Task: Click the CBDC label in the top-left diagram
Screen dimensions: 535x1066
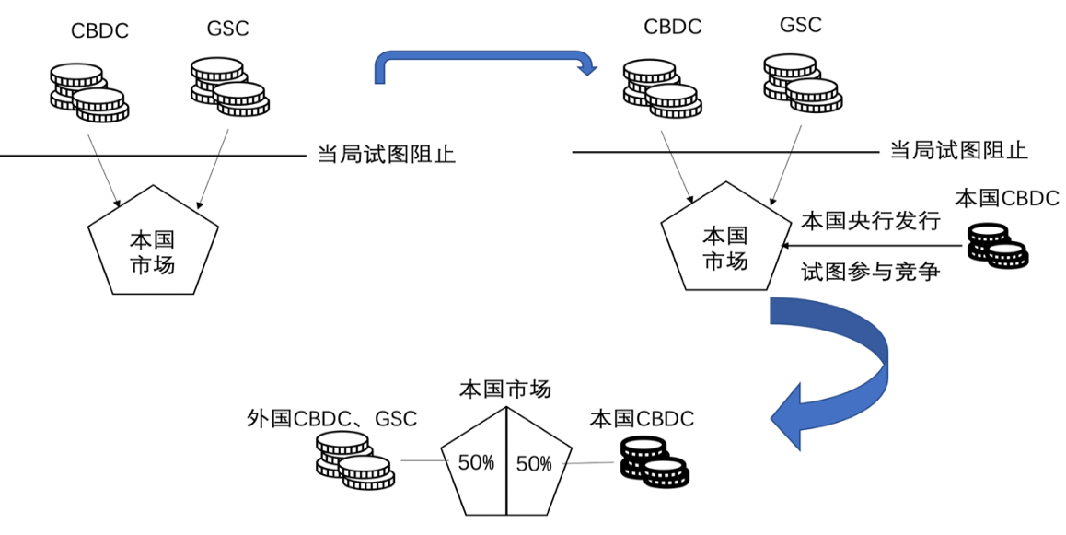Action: point(99,31)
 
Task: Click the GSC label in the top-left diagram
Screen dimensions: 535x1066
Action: point(228,29)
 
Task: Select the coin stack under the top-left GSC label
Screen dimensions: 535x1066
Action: point(229,87)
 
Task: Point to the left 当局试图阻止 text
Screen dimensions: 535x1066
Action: point(387,154)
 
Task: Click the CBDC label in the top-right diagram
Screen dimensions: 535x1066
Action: point(672,27)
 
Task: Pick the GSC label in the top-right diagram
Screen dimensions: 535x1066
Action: point(801,25)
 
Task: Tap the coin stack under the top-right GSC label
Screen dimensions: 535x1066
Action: point(802,84)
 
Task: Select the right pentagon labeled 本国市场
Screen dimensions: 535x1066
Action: point(725,249)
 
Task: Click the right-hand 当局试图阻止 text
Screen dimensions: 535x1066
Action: point(958,150)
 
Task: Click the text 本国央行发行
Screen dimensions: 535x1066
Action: point(870,222)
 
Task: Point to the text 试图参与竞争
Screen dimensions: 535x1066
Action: point(870,272)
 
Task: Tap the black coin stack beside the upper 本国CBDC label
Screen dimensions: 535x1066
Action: point(997,247)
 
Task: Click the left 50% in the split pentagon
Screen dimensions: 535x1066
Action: point(476,462)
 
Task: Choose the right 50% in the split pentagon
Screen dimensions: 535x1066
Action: point(534,463)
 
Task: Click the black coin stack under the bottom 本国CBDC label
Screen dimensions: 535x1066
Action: point(655,463)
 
